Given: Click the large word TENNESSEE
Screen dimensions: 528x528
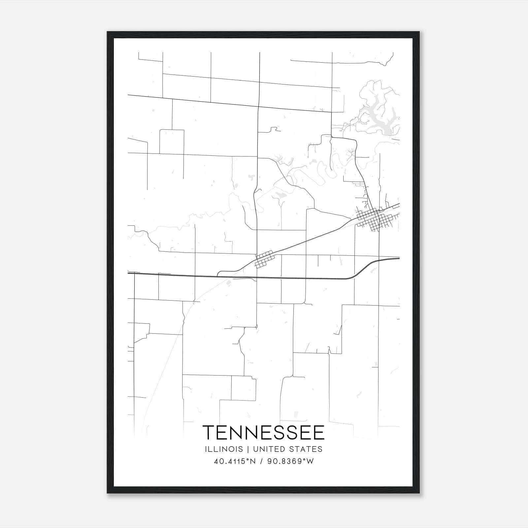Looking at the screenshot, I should [x=264, y=433].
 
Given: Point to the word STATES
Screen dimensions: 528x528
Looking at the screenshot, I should [x=307, y=449].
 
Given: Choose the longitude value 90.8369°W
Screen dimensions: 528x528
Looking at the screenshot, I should [x=290, y=461].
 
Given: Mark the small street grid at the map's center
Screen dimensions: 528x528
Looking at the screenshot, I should [x=265, y=259].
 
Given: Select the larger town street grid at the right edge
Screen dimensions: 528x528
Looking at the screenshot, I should [x=376, y=218].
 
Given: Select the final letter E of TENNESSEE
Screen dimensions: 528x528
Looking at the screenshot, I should [x=319, y=433].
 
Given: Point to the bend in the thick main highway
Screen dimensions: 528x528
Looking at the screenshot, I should [x=355, y=275].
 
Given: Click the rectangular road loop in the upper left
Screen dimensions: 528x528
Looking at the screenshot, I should [x=172, y=142].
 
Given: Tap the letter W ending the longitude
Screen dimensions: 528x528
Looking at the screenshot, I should [x=310, y=461].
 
